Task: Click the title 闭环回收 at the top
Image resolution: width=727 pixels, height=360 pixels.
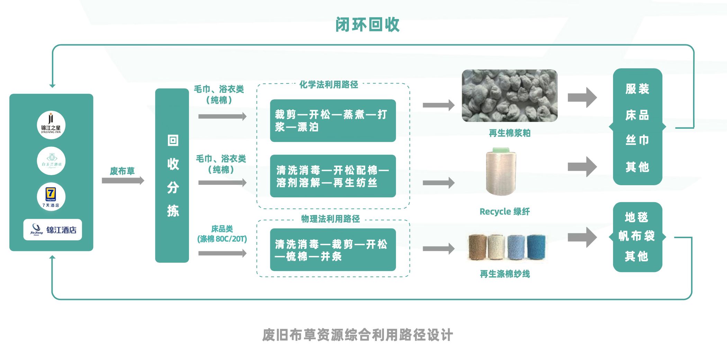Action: pos(367,25)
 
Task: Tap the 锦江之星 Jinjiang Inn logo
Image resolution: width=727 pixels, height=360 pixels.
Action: pos(51,125)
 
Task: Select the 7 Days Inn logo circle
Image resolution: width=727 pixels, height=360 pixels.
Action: pos(51,197)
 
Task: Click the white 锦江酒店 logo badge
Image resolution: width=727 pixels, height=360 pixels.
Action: pos(53,229)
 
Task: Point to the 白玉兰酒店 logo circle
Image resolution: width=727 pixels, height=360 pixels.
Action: pos(51,161)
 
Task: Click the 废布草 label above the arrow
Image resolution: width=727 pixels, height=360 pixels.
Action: pos(122,171)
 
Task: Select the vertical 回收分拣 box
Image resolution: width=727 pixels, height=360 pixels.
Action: pos(172,175)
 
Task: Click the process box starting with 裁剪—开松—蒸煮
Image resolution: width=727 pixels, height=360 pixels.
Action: pos(333,120)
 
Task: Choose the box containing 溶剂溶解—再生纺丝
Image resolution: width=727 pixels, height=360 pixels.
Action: pos(333,176)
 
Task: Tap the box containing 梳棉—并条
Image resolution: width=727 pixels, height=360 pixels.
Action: pos(333,250)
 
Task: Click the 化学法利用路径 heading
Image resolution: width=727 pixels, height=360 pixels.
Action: pos(329,84)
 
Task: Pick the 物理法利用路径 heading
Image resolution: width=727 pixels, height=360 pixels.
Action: pos(330,219)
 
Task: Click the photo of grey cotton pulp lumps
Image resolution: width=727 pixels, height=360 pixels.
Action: pos(510,96)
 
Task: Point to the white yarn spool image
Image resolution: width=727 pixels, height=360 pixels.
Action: pos(501,171)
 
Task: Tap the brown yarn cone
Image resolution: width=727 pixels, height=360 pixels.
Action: pos(477,247)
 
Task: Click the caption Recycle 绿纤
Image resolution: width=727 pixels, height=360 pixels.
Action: pos(504,211)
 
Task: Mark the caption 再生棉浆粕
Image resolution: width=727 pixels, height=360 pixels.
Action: pos(509,133)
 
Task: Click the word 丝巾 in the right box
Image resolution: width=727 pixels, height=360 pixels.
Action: pos(637,140)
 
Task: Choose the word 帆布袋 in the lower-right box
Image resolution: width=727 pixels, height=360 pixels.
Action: pos(637,236)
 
